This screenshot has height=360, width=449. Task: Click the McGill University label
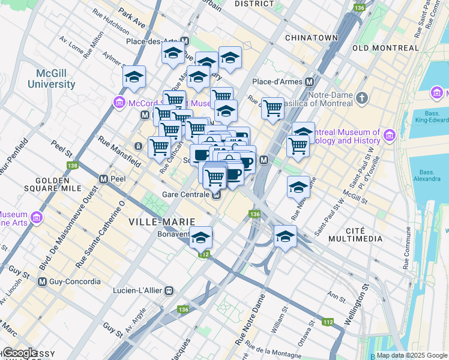(55, 78)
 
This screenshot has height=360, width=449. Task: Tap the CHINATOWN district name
(312, 37)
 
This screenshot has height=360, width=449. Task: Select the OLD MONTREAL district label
(385, 48)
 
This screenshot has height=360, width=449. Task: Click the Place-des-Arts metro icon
(185, 41)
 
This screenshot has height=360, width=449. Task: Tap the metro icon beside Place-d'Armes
(310, 82)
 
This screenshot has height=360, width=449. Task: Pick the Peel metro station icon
(103, 179)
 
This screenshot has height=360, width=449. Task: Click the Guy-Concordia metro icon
(42, 281)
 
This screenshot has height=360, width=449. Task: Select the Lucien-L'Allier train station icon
(169, 290)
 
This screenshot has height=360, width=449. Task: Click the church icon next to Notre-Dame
(362, 97)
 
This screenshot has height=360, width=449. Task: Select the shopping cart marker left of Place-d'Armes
(273, 109)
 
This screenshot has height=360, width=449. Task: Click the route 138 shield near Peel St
(73, 165)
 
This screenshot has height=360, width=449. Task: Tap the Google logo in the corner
(19, 352)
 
